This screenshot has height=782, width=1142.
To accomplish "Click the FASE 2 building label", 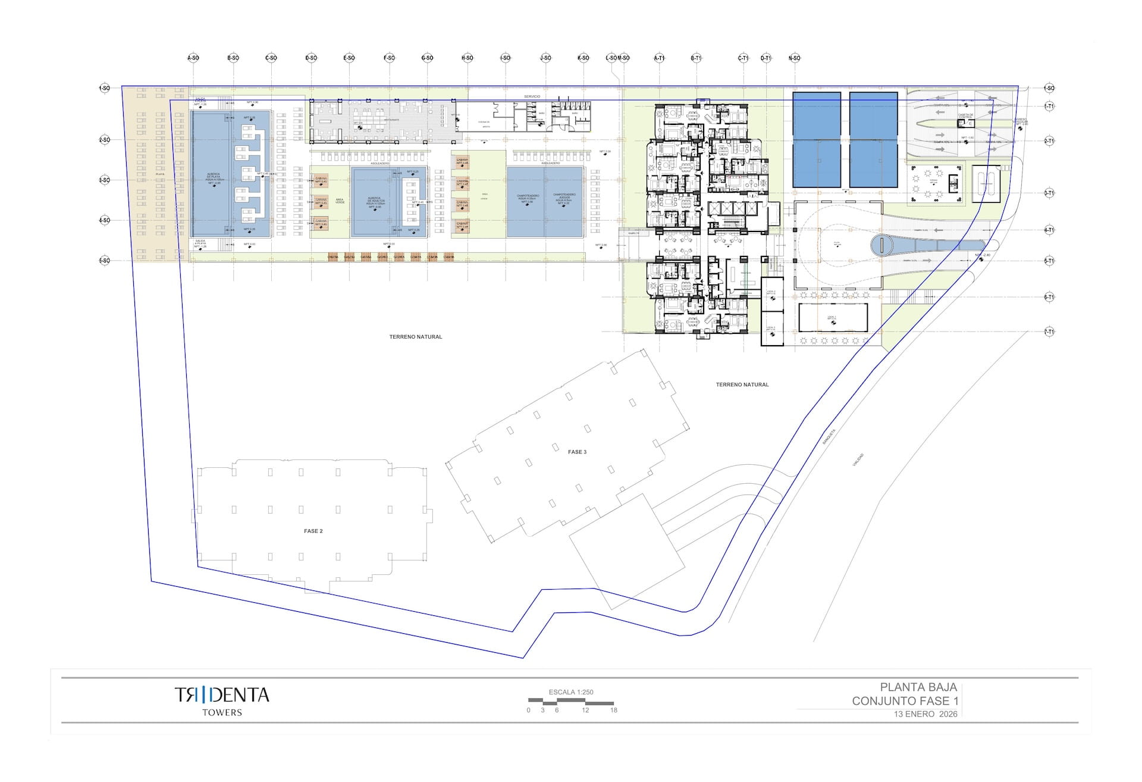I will tap(313, 531).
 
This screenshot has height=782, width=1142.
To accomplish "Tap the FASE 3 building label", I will tap(577, 452).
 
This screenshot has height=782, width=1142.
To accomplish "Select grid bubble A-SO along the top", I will tap(193, 58).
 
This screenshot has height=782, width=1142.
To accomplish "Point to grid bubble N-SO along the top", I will tap(794, 58).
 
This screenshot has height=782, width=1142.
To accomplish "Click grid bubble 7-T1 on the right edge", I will tap(1049, 331).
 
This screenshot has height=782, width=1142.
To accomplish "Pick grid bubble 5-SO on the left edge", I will tap(104, 261).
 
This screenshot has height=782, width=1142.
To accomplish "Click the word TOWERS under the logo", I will tap(222, 712).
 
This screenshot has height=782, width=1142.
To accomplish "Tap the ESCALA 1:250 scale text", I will tap(571, 692).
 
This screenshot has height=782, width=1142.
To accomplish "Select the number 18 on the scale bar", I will tap(614, 710).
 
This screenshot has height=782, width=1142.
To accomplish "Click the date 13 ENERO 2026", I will tap(925, 714).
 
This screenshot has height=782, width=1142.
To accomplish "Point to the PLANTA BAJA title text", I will tap(918, 687).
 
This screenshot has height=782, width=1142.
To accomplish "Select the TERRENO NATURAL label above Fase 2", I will tap(416, 337).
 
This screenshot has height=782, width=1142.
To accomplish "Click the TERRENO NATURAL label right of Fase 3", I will tap(742, 384).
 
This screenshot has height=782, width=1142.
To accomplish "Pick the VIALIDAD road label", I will tap(858, 460).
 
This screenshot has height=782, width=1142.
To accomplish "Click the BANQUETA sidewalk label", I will tap(829, 437).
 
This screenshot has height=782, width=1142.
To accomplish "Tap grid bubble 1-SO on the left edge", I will tap(104, 88).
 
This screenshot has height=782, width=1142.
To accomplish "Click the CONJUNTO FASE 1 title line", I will tap(905, 701).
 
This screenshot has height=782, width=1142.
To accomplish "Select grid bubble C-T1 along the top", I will tap(743, 58).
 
